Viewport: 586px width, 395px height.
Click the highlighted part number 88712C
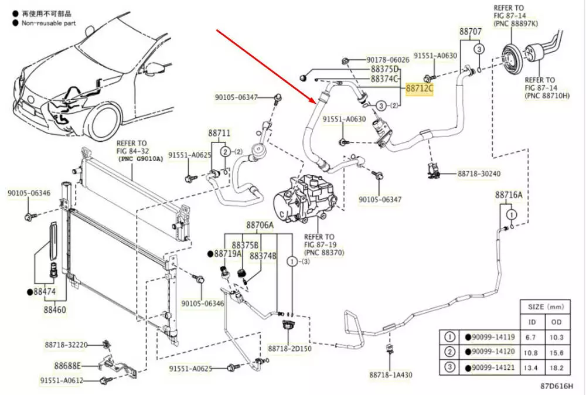420,88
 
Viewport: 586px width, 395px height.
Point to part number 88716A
509,194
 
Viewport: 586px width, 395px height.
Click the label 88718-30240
479,174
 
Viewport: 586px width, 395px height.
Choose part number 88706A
260,224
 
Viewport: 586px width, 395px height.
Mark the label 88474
45,291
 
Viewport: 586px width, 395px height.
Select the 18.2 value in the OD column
557,367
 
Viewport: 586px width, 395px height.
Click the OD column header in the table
556,322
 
